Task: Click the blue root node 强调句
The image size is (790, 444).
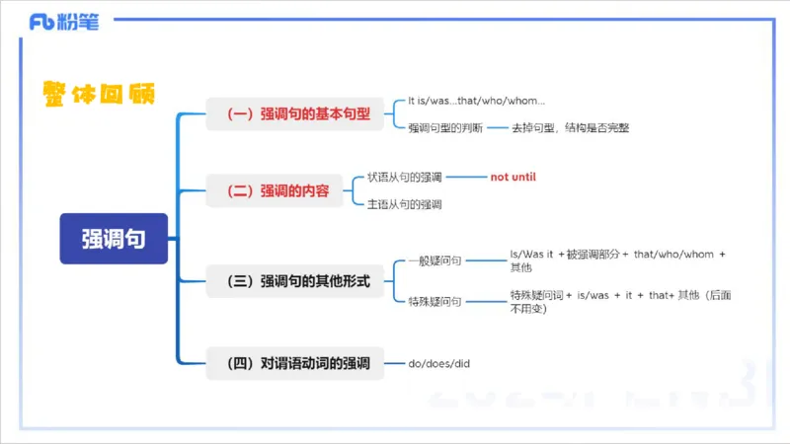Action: [114, 239]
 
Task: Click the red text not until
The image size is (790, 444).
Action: [513, 177]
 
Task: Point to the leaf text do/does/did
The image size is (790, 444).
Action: [439, 364]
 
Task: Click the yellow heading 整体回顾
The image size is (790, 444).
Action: [99, 93]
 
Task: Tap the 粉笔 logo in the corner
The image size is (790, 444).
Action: [64, 23]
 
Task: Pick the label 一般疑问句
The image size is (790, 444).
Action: [434, 261]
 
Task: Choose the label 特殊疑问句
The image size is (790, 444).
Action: [434, 301]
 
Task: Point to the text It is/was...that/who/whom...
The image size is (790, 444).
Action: [476, 101]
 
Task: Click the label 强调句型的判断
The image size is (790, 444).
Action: [445, 127]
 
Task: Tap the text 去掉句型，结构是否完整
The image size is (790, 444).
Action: [570, 127]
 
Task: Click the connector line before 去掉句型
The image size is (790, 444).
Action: [497, 127]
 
